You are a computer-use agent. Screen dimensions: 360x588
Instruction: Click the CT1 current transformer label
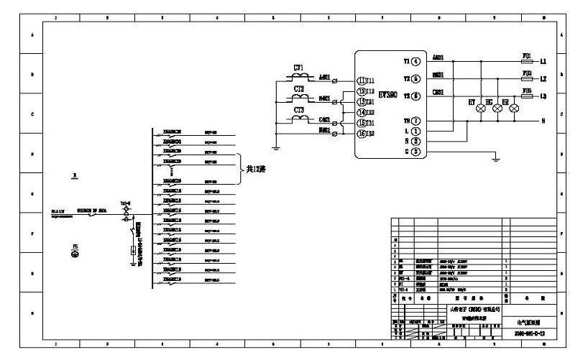tap(298, 67)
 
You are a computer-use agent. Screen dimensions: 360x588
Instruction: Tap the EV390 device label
tap(387, 94)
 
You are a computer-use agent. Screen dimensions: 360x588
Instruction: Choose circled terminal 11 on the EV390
tap(362, 80)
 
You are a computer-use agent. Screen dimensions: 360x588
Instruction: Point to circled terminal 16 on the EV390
tap(362, 134)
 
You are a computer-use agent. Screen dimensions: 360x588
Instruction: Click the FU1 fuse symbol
tap(526, 62)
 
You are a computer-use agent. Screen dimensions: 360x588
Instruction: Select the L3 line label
tap(543, 96)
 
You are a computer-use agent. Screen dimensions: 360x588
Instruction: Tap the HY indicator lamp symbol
tap(480, 108)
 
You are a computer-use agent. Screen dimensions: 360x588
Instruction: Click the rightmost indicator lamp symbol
tap(514, 108)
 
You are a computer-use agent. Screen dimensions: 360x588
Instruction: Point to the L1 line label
tap(543, 62)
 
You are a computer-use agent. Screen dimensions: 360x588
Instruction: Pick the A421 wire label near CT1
tap(324, 77)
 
